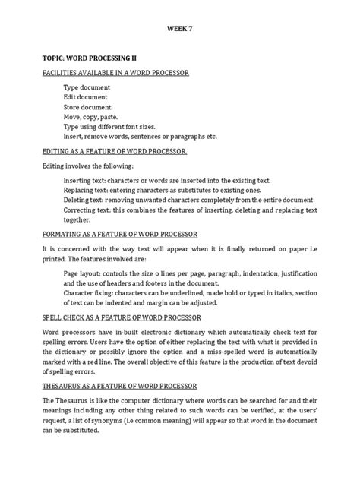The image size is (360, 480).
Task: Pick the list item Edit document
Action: [x=85, y=97]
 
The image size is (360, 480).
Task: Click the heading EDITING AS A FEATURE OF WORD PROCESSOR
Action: [x=115, y=151]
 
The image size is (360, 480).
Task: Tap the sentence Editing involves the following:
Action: [x=87, y=166]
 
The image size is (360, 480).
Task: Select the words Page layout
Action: [x=81, y=273]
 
